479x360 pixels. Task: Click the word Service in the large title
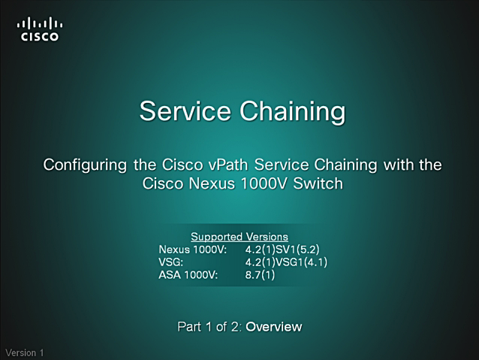tap(185, 110)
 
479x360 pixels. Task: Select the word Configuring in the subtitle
tap(85, 165)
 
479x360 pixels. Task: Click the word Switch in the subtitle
tap(318, 183)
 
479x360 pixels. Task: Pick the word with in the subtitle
tap(399, 165)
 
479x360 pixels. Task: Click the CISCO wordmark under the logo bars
tap(39, 37)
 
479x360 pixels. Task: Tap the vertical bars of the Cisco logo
tap(40, 24)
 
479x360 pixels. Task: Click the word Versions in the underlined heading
tap(267, 237)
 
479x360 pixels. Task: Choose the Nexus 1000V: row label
tap(193, 250)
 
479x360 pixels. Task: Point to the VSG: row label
tap(170, 262)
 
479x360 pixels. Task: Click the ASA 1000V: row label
tap(188, 275)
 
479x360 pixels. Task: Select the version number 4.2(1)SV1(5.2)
tap(282, 250)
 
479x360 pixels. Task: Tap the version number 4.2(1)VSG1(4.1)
tap(286, 262)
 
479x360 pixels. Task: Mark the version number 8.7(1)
tap(260, 275)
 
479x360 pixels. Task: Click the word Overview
tap(274, 327)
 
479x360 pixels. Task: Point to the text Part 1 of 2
tap(209, 327)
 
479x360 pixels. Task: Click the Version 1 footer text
tap(25, 352)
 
